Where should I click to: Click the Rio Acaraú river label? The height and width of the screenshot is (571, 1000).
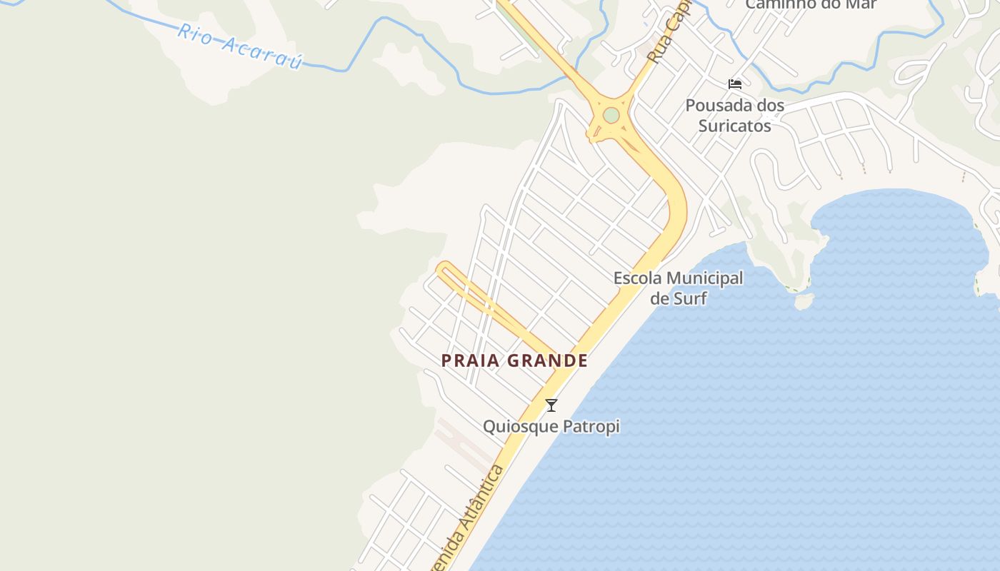pyautogui.click(x=240, y=46)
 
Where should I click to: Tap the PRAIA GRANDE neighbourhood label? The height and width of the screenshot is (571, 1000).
pyautogui.click(x=514, y=360)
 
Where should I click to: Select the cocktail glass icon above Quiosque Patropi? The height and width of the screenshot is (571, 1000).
pyautogui.click(x=551, y=405)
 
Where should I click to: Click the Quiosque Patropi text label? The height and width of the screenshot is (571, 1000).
pyautogui.click(x=551, y=427)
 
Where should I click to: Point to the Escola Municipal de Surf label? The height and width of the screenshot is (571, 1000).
pyautogui.click(x=679, y=288)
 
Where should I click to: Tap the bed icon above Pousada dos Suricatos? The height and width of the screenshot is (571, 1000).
pyautogui.click(x=735, y=84)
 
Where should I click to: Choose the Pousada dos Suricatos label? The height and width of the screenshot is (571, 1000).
pyautogui.click(x=735, y=116)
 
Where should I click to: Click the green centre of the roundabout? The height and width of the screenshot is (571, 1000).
pyautogui.click(x=611, y=115)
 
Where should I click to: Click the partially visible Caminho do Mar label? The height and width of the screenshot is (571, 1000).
pyautogui.click(x=802, y=4)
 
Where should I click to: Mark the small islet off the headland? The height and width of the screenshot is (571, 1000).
pyautogui.click(x=804, y=302)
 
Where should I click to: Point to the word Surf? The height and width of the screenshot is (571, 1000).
pyautogui.click(x=690, y=298)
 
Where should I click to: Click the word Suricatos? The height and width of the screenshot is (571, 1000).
pyautogui.click(x=735, y=126)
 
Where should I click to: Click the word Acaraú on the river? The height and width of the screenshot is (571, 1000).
pyautogui.click(x=262, y=52)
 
